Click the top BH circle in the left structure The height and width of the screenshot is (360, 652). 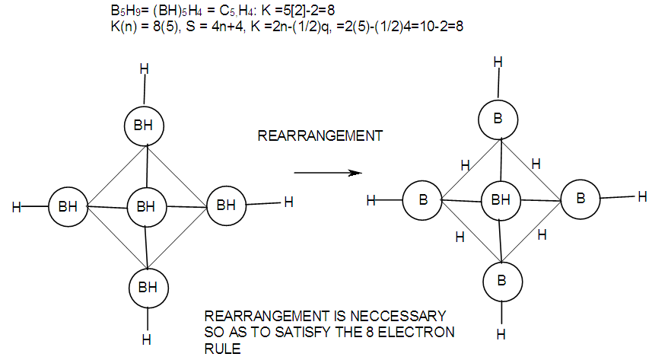point(144,126)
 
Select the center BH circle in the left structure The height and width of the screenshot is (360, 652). point(146,205)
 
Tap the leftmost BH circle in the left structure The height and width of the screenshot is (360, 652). point(68,205)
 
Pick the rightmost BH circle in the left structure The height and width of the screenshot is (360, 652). point(226,205)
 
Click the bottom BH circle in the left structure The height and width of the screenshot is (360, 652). point(147,288)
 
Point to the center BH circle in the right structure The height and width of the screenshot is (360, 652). point(501,201)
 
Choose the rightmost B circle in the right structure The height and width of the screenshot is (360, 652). point(580,198)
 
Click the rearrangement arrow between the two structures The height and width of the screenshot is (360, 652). point(326,173)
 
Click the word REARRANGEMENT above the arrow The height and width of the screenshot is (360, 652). point(320,137)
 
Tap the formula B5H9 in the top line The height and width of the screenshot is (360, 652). point(122,11)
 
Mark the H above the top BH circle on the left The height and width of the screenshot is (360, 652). point(144,70)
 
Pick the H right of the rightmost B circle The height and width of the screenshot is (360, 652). point(643,197)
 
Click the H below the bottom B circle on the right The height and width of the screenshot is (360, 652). point(501,333)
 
